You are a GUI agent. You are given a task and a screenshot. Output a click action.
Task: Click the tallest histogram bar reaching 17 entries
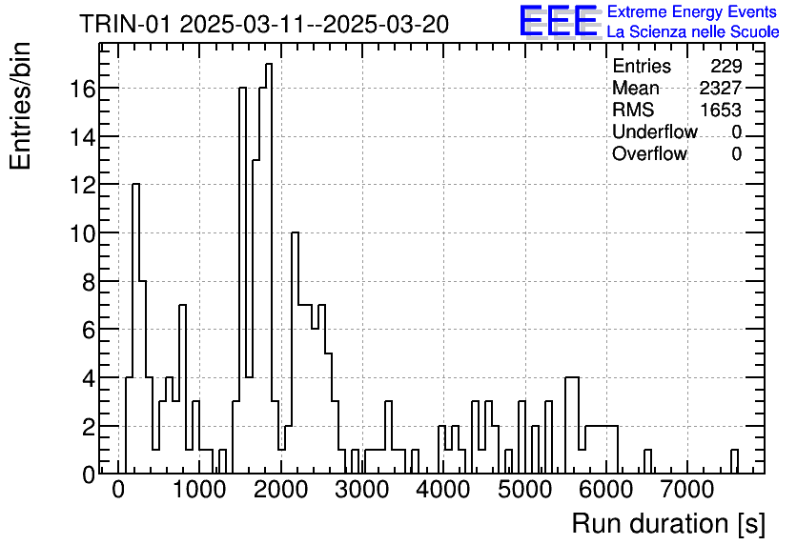[x=269, y=269]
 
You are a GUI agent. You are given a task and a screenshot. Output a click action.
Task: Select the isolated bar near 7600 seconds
[x=734, y=462]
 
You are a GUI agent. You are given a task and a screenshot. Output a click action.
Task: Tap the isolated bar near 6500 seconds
[x=647, y=462]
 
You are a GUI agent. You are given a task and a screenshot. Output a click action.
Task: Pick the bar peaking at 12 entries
[x=135, y=329]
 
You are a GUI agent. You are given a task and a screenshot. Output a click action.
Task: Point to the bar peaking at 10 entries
[x=296, y=353]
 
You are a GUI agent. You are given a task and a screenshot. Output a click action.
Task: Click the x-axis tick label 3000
[x=362, y=491]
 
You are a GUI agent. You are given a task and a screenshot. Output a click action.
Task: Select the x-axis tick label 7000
[x=687, y=491]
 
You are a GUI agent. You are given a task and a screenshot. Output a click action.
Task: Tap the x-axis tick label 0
[x=118, y=491]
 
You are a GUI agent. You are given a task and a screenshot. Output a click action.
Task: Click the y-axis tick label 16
[x=82, y=90]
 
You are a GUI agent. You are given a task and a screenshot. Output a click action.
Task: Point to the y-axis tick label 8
[x=89, y=282]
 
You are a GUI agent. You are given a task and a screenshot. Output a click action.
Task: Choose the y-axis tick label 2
[x=89, y=428]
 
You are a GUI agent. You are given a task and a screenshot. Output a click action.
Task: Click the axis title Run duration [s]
[x=668, y=524]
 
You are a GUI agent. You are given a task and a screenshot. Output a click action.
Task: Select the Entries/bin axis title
[x=21, y=106]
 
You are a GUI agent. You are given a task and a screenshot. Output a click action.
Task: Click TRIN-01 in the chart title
[x=125, y=24]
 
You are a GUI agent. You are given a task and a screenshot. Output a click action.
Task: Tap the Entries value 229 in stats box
[x=726, y=66]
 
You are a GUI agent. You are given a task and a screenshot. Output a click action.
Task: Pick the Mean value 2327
[x=720, y=88]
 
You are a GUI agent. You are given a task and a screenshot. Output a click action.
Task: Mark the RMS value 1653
[x=721, y=110]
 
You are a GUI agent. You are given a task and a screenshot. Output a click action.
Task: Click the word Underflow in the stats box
[x=655, y=131]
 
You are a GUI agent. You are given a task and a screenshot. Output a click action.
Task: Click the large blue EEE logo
[x=559, y=21]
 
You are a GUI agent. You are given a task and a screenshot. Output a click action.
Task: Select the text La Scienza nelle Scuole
[x=693, y=32]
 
